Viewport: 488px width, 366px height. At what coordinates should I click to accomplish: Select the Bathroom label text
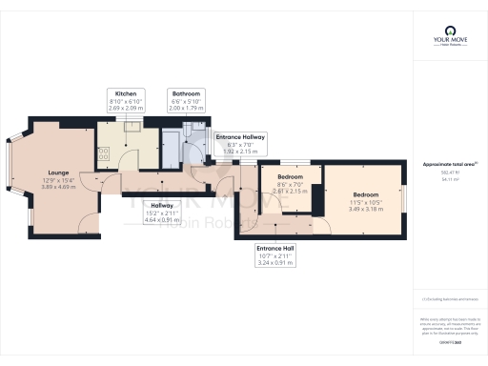coord(186,93)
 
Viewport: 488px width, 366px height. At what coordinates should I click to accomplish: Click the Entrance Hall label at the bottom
coord(275,249)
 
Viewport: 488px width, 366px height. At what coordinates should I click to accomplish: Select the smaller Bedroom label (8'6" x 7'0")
coord(290,177)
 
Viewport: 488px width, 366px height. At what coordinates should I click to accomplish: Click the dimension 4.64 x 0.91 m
coord(162,220)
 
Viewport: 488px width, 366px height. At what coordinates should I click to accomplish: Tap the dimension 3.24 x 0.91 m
coord(275,264)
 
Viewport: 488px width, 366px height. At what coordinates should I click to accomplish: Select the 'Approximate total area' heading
coord(448,164)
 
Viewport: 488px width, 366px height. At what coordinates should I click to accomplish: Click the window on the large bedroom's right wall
coord(403,195)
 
